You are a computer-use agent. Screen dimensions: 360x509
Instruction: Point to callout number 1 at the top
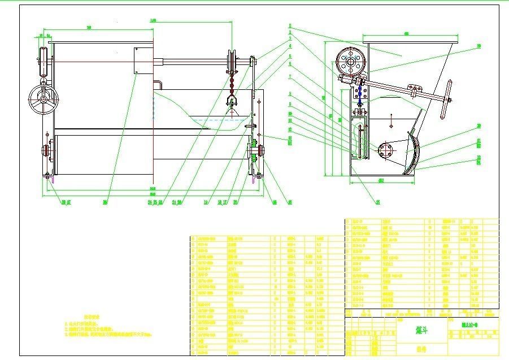click(x=290, y=25)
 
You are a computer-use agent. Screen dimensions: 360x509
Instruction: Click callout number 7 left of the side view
click(x=290, y=76)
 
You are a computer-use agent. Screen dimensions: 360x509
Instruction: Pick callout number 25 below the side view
click(x=377, y=201)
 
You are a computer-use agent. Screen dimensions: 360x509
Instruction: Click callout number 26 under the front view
click(x=105, y=201)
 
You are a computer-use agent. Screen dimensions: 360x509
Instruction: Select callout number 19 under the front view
click(x=206, y=201)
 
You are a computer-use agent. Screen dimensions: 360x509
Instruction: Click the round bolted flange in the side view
click(x=386, y=150)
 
